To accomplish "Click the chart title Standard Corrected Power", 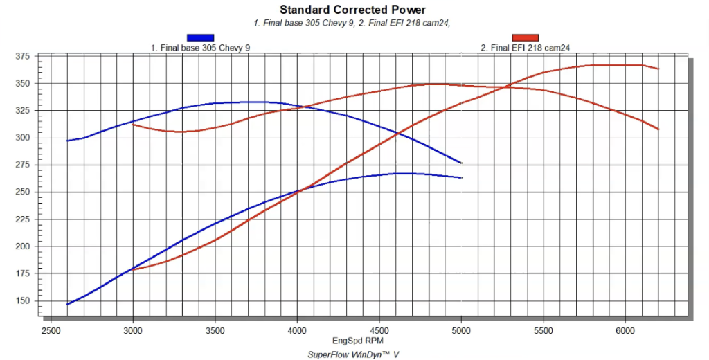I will tap(353, 10).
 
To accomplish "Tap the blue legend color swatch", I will tap(200, 37).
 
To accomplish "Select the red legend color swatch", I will tap(525, 37).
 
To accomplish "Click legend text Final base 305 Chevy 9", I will tap(200, 48).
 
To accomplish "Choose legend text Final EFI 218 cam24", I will tap(525, 48).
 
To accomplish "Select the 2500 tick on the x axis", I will tap(51, 331).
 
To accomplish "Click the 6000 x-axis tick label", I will tap(625, 331).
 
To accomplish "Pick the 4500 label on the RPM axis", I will tap(379, 331).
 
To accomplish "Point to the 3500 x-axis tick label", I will tap(215, 331).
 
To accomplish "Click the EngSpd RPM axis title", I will tap(353, 341).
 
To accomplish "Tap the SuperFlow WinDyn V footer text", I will tap(353, 354).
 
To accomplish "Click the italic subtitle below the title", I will tap(353, 23).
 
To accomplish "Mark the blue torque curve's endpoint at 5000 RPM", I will tap(460, 163).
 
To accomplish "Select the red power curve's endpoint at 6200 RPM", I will tap(658, 69).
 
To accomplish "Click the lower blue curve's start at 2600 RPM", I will tap(67, 304).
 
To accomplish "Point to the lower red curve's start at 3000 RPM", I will tap(132, 269).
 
